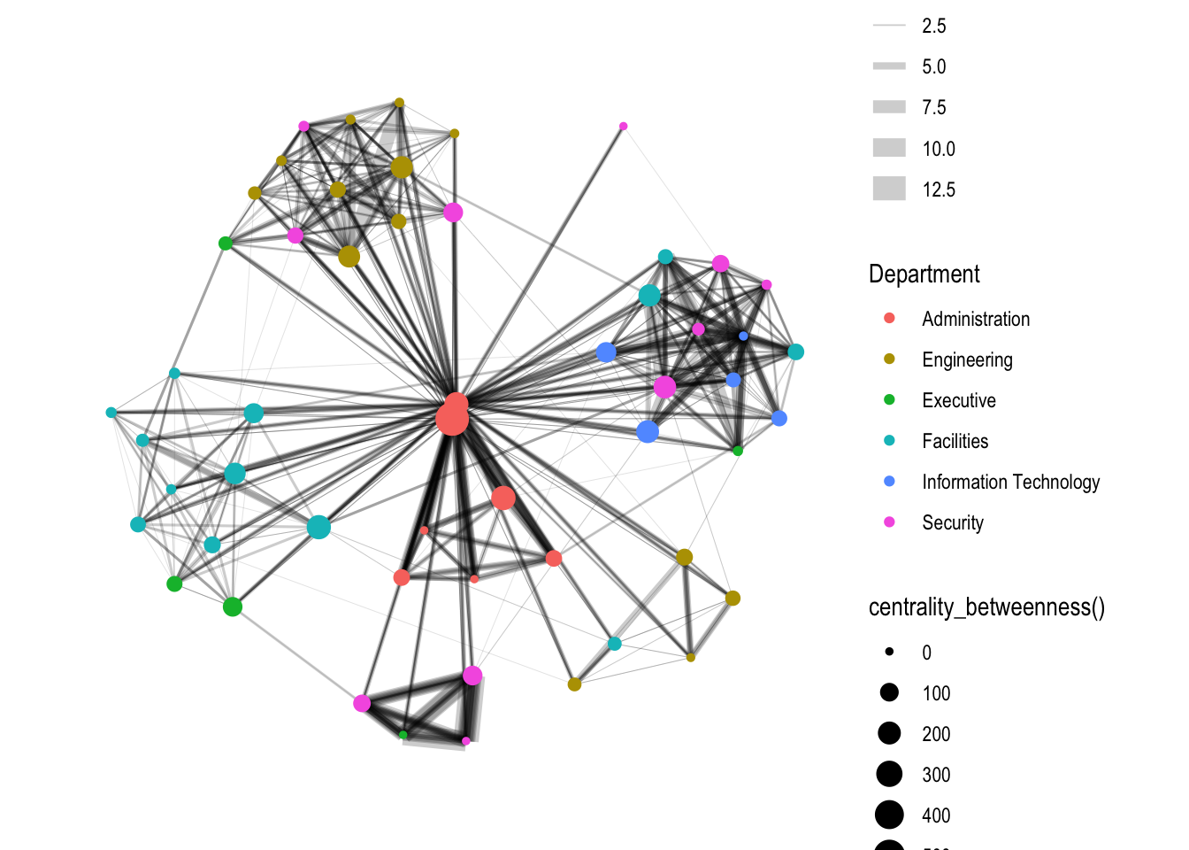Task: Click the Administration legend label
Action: (x=975, y=319)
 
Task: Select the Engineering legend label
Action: (x=966, y=359)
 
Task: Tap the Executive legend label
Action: (x=958, y=400)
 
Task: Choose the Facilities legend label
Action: (x=955, y=441)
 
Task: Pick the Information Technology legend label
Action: (x=1010, y=482)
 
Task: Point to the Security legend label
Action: (x=952, y=522)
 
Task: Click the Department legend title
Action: (x=924, y=274)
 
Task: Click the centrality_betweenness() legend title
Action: (x=986, y=607)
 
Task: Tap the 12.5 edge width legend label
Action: (x=938, y=189)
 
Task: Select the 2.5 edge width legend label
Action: (x=933, y=26)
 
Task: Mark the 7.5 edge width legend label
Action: (x=933, y=107)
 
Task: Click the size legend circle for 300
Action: (x=889, y=774)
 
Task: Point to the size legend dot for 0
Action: (x=889, y=652)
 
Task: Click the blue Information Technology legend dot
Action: (x=889, y=481)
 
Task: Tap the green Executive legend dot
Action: (x=889, y=399)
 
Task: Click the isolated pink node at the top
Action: (x=623, y=127)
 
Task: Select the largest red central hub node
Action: (x=452, y=419)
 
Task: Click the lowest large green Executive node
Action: (x=233, y=607)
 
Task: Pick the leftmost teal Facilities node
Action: (x=111, y=413)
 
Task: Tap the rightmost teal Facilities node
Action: (x=795, y=352)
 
